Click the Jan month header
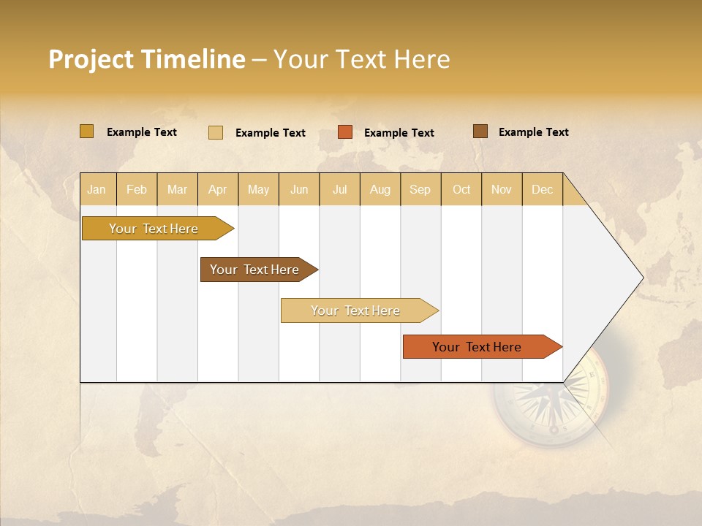[97, 189]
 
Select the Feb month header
[137, 189]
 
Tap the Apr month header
[217, 189]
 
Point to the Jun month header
[299, 189]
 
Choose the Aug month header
[380, 189]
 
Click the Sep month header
[420, 189]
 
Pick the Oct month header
[461, 189]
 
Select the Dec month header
[542, 189]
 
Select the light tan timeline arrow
[356, 310]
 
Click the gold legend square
[86, 131]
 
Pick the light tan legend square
[216, 132]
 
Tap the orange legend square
[345, 132]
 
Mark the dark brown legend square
[480, 131]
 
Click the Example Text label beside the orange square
[399, 133]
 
